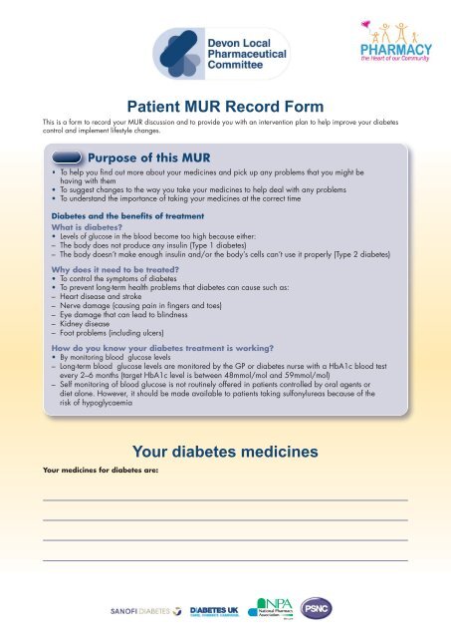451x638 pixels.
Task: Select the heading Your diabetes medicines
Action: (225, 452)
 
